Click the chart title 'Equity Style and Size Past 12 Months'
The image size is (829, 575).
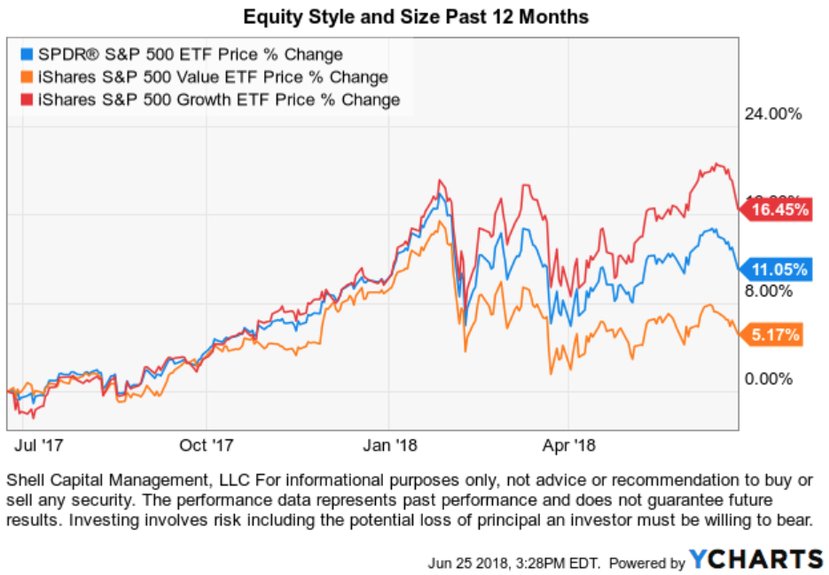(x=416, y=17)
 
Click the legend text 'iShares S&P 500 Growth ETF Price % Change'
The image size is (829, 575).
(x=214, y=99)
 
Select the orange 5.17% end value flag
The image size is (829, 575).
(x=773, y=335)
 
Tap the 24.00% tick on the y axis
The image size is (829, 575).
(x=772, y=114)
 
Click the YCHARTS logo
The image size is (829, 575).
(x=756, y=559)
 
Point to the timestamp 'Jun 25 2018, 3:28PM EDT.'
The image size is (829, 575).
(x=513, y=563)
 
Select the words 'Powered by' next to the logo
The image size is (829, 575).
(x=646, y=563)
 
